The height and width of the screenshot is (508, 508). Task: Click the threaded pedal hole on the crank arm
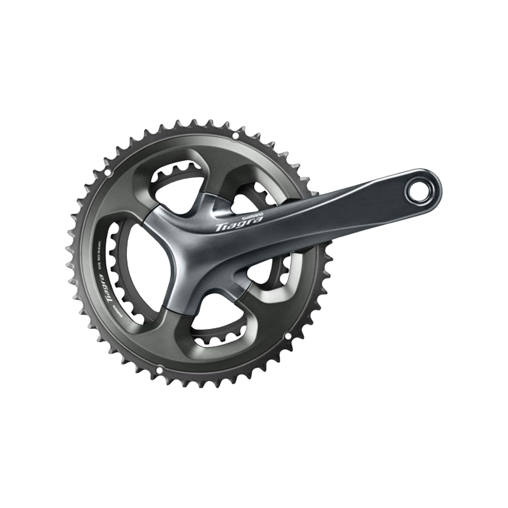[419, 192]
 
